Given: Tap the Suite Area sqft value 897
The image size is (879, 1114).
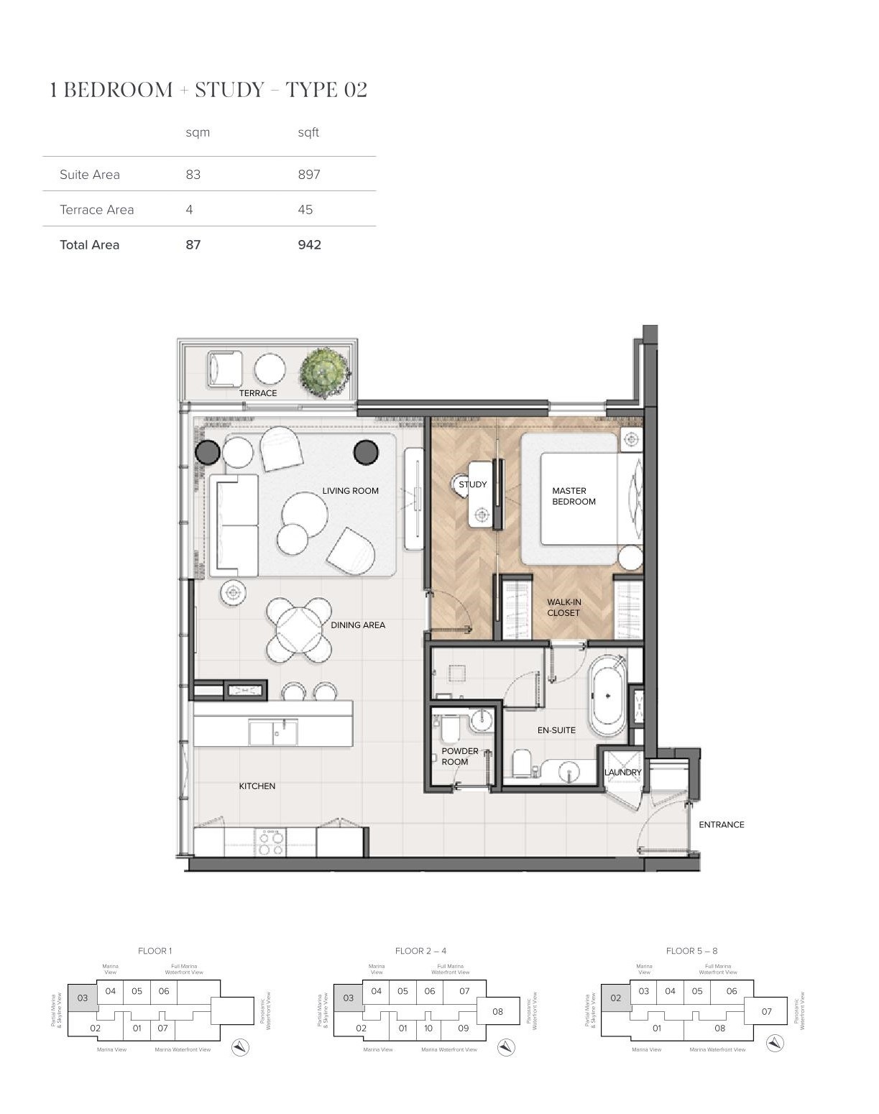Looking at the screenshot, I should [309, 175].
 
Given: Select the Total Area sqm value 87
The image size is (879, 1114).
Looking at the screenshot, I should [193, 244].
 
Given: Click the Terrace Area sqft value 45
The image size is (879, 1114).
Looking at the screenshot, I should [305, 210].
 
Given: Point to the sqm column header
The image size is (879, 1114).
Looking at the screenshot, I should [198, 132].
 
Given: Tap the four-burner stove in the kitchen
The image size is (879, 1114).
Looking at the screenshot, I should [271, 842].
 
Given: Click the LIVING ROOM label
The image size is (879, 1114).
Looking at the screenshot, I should [350, 491].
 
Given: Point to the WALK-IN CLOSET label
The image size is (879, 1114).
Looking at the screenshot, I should [563, 608].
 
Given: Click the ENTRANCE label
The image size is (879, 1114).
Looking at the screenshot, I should [721, 824].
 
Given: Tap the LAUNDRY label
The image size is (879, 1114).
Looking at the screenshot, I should [622, 772].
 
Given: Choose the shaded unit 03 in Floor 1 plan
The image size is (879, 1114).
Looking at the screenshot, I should [83, 998].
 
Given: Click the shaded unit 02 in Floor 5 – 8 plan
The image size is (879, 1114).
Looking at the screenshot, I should [616, 998].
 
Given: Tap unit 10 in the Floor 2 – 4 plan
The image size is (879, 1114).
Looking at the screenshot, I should [429, 1028].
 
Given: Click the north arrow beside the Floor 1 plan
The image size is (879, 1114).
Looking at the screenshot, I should [240, 1047].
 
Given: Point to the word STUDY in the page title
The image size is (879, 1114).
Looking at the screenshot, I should [230, 90].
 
